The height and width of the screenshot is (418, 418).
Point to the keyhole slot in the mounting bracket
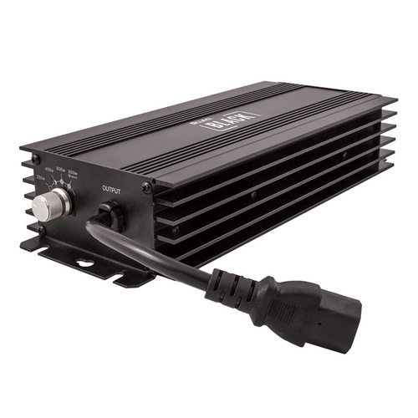click(x=84, y=265)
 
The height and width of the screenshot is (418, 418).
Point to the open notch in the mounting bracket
click(x=125, y=277)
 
